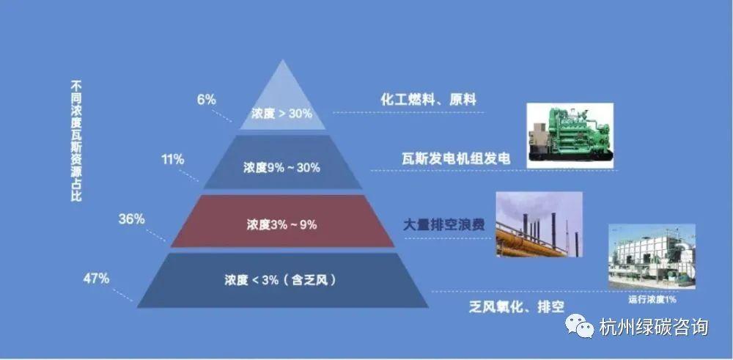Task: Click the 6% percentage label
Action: coord(207,100)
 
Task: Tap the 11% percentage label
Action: coord(173,158)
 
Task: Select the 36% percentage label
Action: coord(131,218)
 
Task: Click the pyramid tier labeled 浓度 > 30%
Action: coord(282,114)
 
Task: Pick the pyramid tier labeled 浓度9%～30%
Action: coord(282,167)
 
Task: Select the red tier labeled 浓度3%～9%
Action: coord(282,224)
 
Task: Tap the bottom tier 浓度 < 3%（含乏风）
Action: coord(282,279)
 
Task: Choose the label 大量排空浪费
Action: coord(444,225)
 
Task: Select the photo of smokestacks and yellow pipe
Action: coord(539,224)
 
